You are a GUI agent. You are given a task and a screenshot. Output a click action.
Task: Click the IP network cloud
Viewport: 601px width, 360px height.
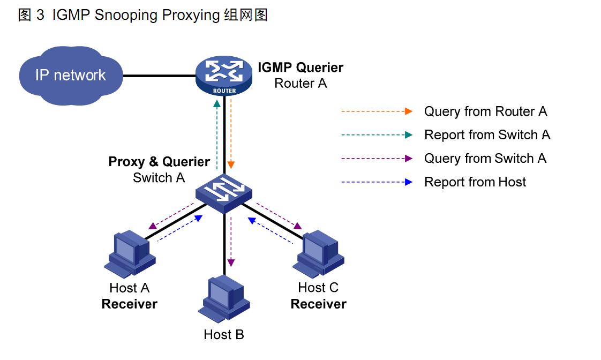tap(70, 76)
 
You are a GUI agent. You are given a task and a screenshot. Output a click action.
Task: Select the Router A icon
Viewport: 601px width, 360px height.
tap(224, 76)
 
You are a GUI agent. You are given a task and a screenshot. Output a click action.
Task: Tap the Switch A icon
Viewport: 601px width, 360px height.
tap(224, 192)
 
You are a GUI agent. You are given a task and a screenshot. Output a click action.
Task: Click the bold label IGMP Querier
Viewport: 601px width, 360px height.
tap(300, 67)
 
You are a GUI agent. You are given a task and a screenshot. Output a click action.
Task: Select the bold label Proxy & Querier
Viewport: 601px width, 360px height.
tap(159, 162)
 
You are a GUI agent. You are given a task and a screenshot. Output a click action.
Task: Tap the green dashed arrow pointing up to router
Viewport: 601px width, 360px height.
tap(217, 134)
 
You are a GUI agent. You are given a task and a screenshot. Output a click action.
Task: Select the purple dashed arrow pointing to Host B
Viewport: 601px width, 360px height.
tap(231, 241)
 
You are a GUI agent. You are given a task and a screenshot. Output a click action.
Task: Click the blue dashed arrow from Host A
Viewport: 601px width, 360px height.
tap(180, 229)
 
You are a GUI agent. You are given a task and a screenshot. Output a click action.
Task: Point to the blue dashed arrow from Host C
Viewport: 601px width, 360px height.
tap(271, 230)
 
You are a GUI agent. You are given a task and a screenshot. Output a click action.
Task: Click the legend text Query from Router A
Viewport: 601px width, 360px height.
tap(485, 111)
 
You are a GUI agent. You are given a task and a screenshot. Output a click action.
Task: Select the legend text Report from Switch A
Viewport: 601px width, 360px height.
tap(487, 135)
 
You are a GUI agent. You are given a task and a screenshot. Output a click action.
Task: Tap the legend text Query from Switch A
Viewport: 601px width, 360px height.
tap(485, 159)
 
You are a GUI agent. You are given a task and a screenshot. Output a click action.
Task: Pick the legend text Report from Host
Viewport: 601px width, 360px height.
tap(475, 182)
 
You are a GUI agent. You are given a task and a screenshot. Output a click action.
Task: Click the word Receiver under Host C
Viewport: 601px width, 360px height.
tap(318, 304)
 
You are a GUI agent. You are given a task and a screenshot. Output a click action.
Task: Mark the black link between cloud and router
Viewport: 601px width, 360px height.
tap(159, 76)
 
